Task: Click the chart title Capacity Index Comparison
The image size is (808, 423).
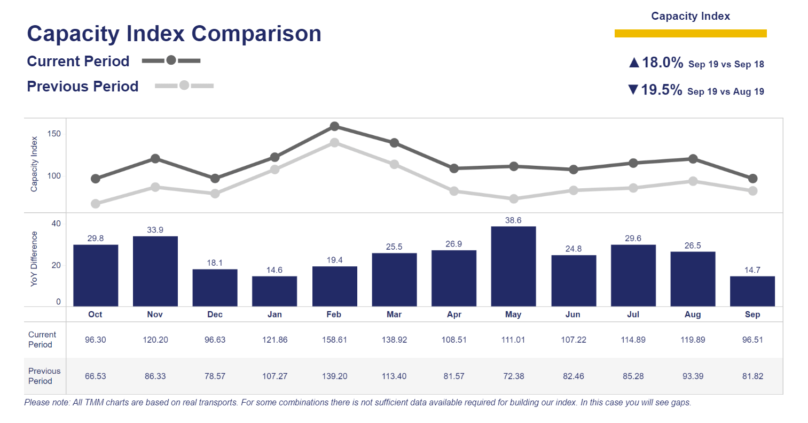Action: pyautogui.click(x=174, y=34)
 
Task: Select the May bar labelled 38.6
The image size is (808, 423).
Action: pyautogui.click(x=513, y=266)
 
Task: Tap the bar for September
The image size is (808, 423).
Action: pyautogui.click(x=752, y=291)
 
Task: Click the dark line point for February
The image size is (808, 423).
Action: pyautogui.click(x=334, y=126)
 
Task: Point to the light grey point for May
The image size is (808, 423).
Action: pyautogui.click(x=514, y=199)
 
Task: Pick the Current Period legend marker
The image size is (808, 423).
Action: pyautogui.click(x=171, y=60)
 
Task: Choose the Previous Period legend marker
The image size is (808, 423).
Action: pyautogui.click(x=184, y=86)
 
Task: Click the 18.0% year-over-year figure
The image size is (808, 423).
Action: pyautogui.click(x=662, y=63)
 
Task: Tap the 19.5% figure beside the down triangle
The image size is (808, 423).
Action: pyautogui.click(x=661, y=90)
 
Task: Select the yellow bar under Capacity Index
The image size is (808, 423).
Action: pyautogui.click(x=691, y=34)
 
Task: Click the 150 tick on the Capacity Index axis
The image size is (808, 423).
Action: pyautogui.click(x=54, y=134)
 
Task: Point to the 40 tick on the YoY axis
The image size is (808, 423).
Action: pyautogui.click(x=56, y=224)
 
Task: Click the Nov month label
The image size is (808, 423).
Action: pyautogui.click(x=155, y=314)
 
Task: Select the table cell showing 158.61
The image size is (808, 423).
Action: pyautogui.click(x=334, y=340)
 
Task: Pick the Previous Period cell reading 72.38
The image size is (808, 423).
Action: pyautogui.click(x=513, y=376)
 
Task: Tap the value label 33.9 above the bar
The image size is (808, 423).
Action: pyautogui.click(x=155, y=230)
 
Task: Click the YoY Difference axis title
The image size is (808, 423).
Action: pyautogui.click(x=34, y=259)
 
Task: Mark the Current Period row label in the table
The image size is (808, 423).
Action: pyautogui.click(x=42, y=340)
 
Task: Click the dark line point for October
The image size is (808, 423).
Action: pyautogui.click(x=96, y=179)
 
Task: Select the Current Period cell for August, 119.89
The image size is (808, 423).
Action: pyautogui.click(x=693, y=340)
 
